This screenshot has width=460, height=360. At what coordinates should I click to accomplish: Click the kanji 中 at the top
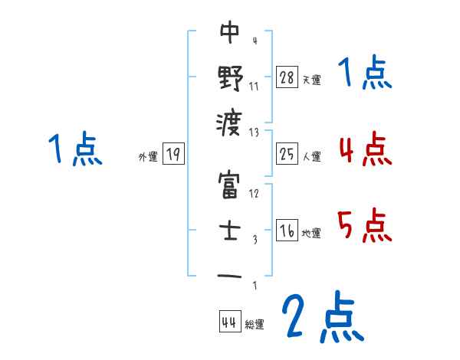(230, 32)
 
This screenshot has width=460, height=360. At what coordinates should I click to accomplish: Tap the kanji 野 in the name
(230, 77)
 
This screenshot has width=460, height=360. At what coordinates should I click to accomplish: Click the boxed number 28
(287, 77)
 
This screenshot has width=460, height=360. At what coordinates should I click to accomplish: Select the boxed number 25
(287, 155)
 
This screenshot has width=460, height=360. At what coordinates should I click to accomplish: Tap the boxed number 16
(287, 231)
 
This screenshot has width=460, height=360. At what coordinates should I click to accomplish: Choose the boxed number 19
(173, 155)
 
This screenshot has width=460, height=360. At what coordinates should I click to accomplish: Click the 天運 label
(311, 80)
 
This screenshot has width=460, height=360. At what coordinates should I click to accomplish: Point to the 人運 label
(311, 157)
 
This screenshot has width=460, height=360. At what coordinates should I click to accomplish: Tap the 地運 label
(311, 233)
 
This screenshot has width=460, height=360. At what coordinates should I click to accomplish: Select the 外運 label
(148, 157)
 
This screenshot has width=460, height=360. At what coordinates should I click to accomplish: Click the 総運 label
(255, 324)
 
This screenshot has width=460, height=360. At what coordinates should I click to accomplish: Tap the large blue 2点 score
(321, 316)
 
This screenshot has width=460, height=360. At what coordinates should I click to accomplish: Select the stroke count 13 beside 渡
(255, 132)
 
